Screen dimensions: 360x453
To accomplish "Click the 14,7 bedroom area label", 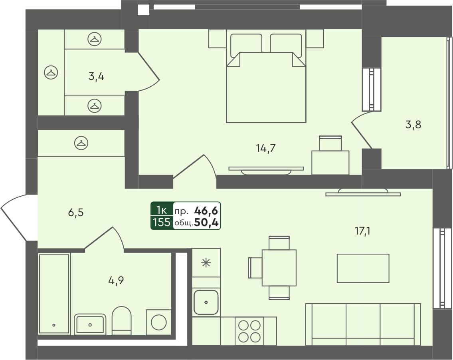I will pyautogui.click(x=266, y=149).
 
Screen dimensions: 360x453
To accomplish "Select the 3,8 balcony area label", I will pyautogui.click(x=413, y=125).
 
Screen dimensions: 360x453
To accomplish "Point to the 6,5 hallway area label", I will pyautogui.click(x=75, y=213).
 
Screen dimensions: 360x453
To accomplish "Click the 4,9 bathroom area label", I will pyautogui.click(x=116, y=280).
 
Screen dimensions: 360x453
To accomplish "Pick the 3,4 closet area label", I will pyautogui.click(x=96, y=76).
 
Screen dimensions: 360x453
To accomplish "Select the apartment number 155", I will pyautogui.click(x=162, y=223).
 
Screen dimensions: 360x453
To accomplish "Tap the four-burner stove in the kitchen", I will pyautogui.click(x=249, y=331).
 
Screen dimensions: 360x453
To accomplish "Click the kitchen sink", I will pyautogui.click(x=206, y=302).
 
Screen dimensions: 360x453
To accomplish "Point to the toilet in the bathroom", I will pyautogui.click(x=121, y=320).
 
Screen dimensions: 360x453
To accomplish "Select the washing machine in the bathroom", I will pyautogui.click(x=158, y=322).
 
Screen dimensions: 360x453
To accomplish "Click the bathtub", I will pyautogui.click(x=54, y=294).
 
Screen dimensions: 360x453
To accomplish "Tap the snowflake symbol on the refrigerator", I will pyautogui.click(x=206, y=263).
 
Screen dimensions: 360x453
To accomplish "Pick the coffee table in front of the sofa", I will pyautogui.click(x=363, y=268).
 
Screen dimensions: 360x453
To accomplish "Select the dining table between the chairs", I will pyautogui.click(x=279, y=268).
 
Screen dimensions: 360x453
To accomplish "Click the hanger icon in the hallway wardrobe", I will pyautogui.click(x=81, y=143).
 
